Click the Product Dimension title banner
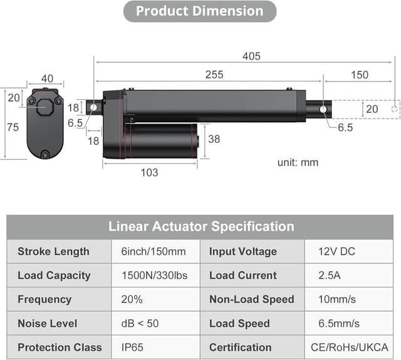(x=199, y=11)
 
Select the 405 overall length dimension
(x=252, y=56)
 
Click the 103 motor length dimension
(x=149, y=172)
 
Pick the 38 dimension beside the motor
(x=214, y=139)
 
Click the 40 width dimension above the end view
(x=47, y=78)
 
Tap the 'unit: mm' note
(x=298, y=162)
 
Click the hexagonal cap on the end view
(x=44, y=107)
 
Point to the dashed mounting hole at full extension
(x=394, y=109)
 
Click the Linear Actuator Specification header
(x=200, y=226)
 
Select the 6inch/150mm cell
(x=154, y=251)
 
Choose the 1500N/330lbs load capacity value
(x=154, y=275)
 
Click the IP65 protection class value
(x=132, y=347)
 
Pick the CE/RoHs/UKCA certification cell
(x=349, y=347)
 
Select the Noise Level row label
(x=48, y=324)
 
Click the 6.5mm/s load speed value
(x=339, y=324)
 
